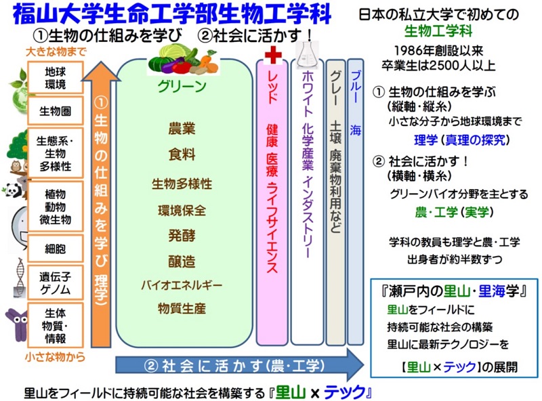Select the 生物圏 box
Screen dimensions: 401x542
(56, 110)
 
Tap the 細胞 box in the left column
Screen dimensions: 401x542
(56, 249)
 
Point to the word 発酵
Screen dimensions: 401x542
(182, 236)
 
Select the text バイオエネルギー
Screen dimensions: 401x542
(182, 285)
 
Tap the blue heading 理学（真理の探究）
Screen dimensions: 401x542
(461, 140)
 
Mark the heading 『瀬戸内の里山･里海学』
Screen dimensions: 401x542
(455, 292)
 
